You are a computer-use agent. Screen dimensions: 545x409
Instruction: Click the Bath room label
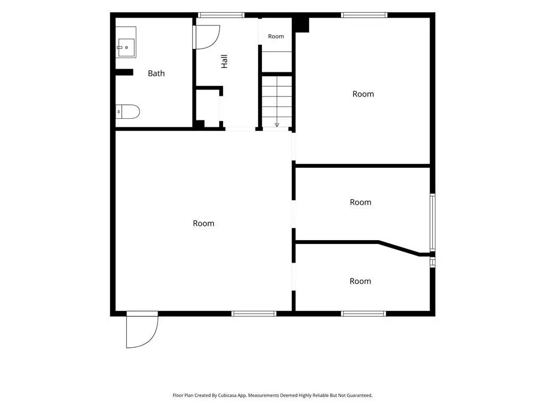(156, 73)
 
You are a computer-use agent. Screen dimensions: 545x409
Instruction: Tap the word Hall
(225, 61)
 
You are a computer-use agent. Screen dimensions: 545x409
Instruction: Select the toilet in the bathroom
(128, 112)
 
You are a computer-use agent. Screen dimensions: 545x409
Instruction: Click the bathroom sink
(126, 42)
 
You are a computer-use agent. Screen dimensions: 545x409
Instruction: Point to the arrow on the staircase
(277, 125)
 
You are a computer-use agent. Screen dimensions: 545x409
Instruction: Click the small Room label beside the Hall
(276, 36)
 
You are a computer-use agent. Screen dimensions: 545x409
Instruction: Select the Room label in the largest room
(204, 223)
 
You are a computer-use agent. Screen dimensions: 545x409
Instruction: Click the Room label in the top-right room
(363, 94)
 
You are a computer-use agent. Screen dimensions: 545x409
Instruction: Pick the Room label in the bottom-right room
(360, 281)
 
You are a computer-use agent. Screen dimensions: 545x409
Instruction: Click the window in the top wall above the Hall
(221, 15)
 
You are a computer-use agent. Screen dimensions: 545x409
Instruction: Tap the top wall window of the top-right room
(364, 15)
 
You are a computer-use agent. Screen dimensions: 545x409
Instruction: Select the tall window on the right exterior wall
(432, 222)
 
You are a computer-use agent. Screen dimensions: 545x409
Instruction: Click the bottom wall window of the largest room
(254, 314)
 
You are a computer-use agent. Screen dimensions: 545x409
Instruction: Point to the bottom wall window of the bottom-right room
(363, 314)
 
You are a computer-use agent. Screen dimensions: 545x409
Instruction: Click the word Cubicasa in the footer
(227, 396)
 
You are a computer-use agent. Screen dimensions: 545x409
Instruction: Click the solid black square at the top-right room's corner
(301, 24)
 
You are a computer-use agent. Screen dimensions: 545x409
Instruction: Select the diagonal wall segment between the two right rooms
(399, 248)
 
